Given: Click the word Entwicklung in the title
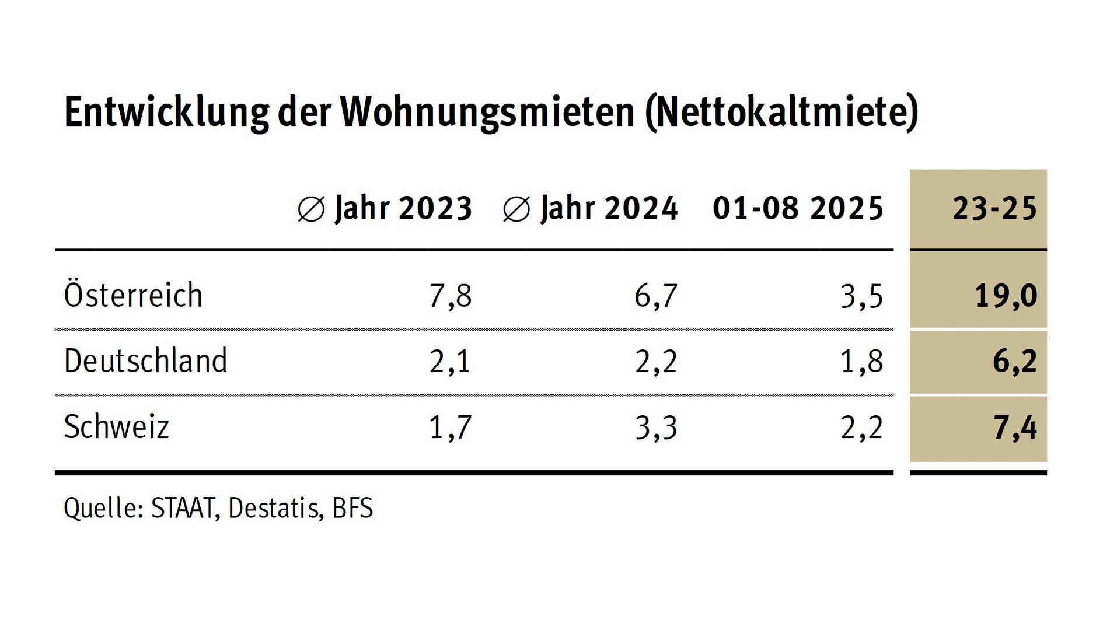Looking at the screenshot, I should coord(166,112).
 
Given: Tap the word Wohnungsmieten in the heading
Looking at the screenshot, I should coord(488,112).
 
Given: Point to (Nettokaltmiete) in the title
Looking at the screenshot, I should coord(782,112).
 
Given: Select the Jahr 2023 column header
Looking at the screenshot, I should coord(385,208).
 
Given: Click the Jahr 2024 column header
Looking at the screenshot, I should coord(591,208).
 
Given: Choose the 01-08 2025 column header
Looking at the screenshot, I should coord(798,208).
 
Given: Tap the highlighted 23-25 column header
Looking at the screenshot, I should coord(994,208).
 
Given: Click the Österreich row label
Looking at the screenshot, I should coord(133,295).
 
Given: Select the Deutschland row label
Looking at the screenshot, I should coord(145,361).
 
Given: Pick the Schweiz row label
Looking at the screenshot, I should coord(116,427).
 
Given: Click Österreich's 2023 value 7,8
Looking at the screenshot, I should coord(450,296).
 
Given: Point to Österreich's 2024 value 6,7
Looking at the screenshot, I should coord(656,296).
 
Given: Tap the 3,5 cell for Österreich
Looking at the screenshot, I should coord(861,296).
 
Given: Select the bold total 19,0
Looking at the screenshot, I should coord(1006,296).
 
